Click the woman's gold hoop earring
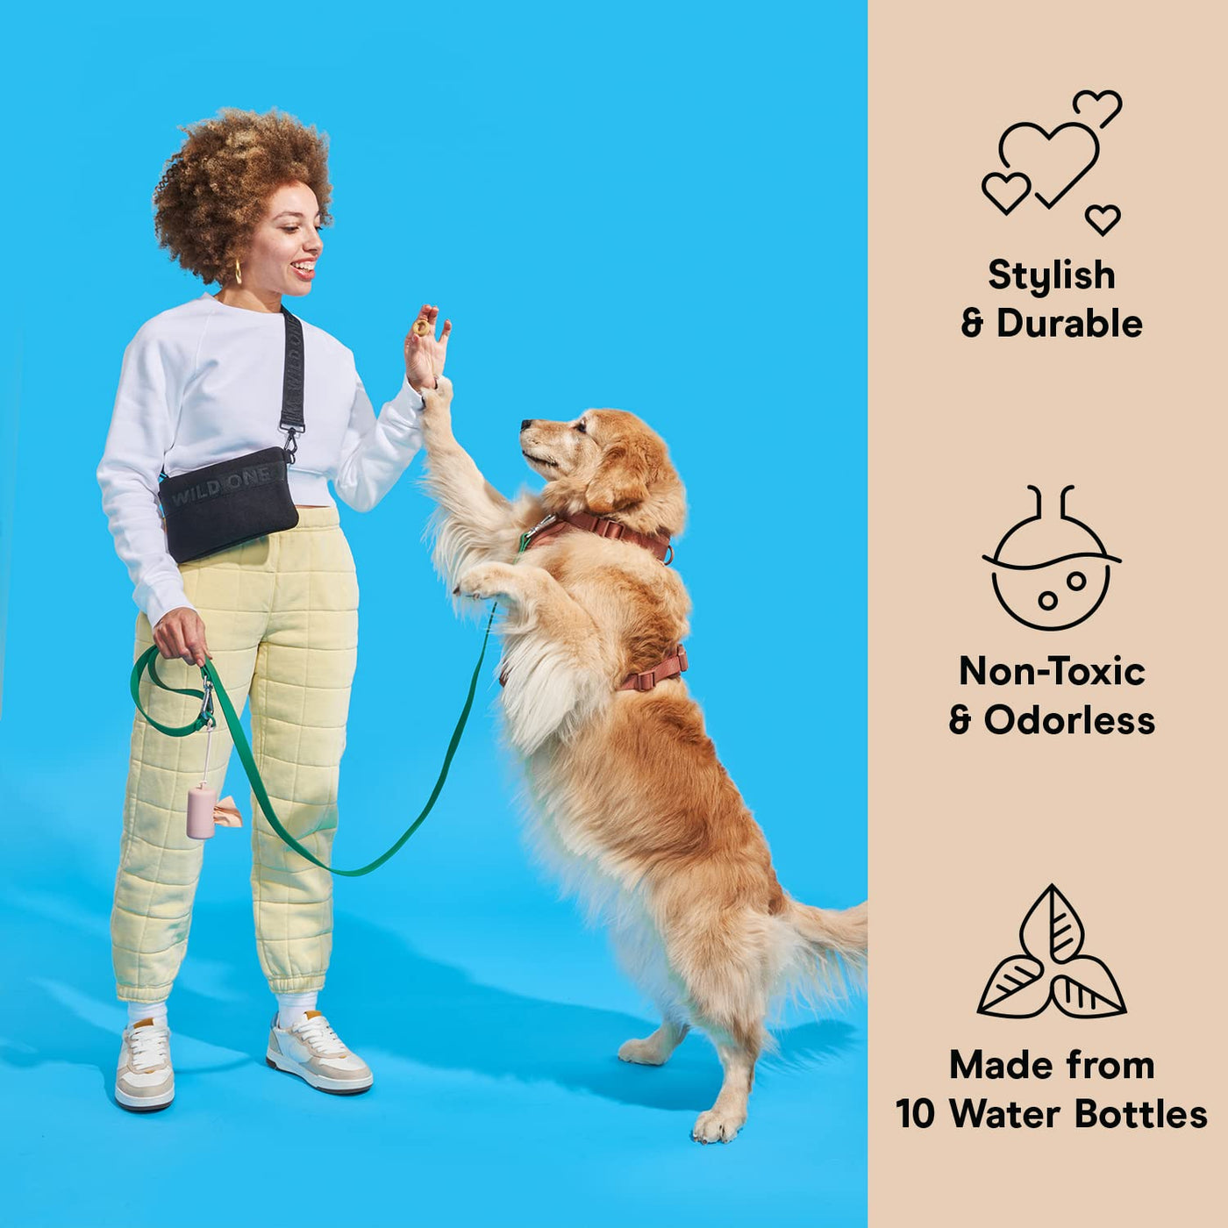pos(239,271)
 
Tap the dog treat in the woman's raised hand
pos(421,327)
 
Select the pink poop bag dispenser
pos(203,810)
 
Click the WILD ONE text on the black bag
pos(220,485)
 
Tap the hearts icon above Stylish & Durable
pos(1052,162)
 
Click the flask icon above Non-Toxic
pos(1052,559)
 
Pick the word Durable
pos(1069,324)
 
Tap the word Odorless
pos(1069,720)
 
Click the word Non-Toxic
pos(1052,672)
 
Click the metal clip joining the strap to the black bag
pos(290,444)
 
